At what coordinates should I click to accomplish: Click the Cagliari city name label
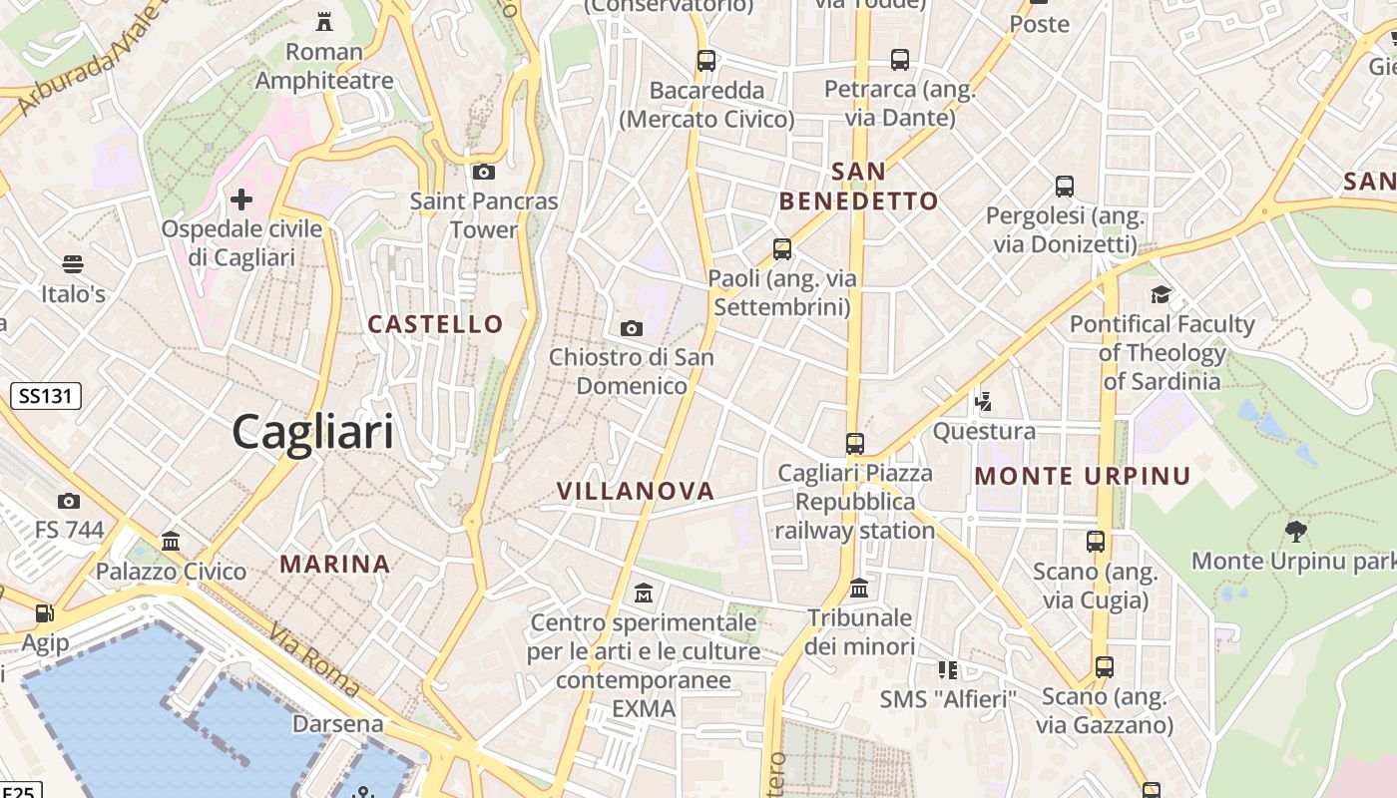[312, 432]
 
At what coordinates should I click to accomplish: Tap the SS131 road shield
[46, 396]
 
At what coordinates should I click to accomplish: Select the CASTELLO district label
[435, 324]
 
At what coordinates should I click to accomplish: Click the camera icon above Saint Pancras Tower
[484, 172]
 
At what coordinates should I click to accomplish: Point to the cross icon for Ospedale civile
[241, 199]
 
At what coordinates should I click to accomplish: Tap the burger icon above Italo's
[72, 264]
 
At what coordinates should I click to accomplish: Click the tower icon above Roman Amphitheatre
[323, 21]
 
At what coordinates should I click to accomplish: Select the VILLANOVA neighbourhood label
[636, 491]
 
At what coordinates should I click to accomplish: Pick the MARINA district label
[334, 564]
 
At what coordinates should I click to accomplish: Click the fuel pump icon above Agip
[44, 613]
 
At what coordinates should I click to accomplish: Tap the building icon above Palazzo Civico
[171, 542]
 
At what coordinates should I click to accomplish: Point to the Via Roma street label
[313, 659]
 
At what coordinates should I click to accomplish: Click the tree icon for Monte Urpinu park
[1296, 531]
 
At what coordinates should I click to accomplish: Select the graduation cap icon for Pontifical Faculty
[1161, 294]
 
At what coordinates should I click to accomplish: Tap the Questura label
[984, 432]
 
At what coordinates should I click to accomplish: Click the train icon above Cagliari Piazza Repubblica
[855, 443]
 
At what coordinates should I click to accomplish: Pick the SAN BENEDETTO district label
[858, 187]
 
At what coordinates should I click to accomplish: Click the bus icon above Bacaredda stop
[706, 60]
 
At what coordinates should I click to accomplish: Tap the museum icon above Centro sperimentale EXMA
[644, 594]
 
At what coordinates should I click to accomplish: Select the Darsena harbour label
[337, 724]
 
